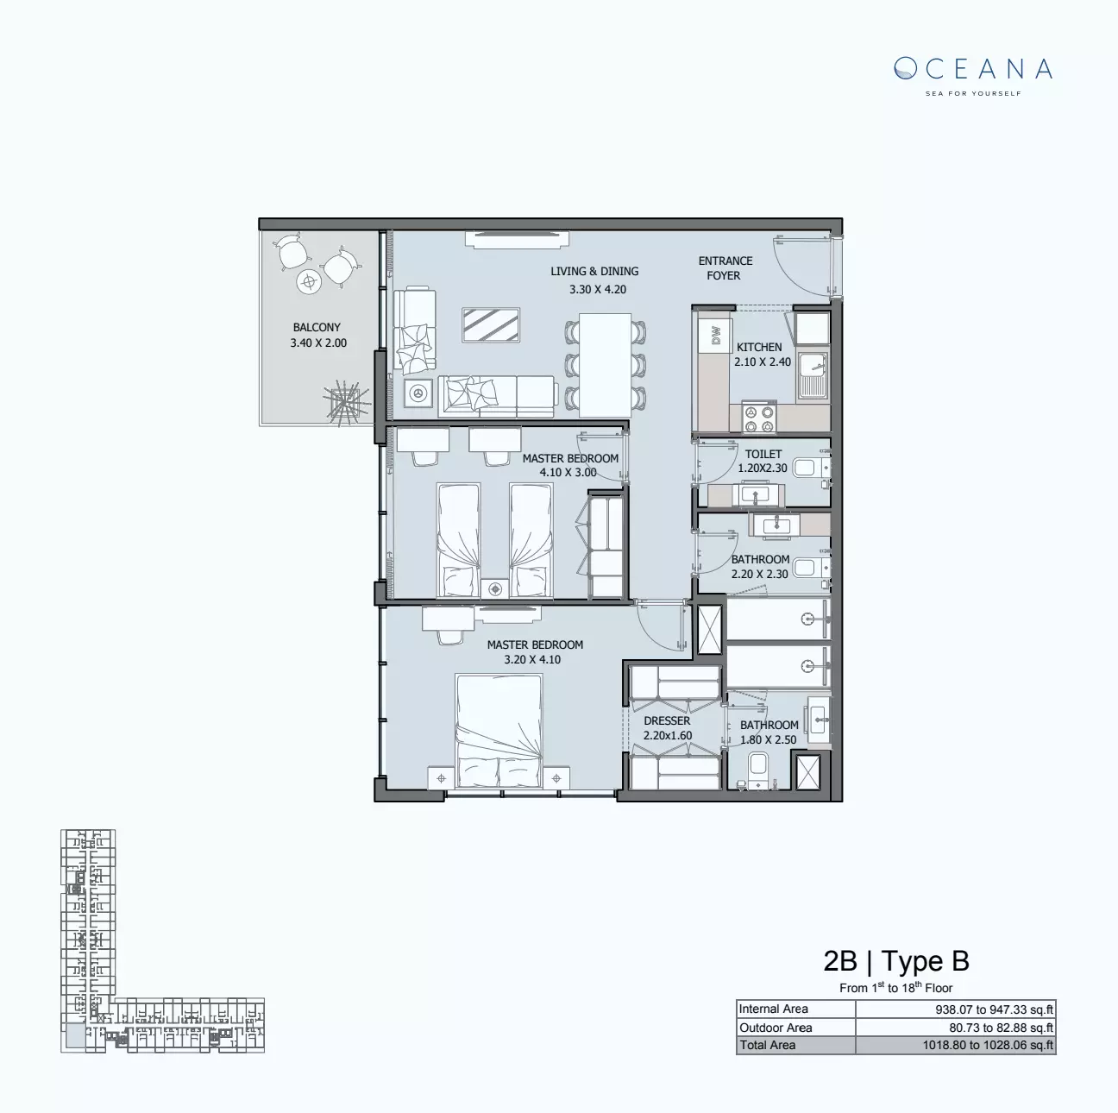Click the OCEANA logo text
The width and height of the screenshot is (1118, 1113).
point(973,69)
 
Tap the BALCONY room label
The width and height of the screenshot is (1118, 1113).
point(317,328)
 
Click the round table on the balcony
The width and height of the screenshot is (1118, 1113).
point(309,281)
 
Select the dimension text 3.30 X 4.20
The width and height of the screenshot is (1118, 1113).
point(597,290)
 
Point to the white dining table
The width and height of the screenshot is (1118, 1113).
point(605,364)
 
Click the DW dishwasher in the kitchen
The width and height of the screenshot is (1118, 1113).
point(715,336)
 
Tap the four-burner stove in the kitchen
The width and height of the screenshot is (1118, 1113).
point(759,418)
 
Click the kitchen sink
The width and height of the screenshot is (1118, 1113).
point(811,376)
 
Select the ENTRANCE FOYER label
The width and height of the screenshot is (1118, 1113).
point(725,268)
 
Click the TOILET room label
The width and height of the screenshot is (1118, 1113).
point(763,454)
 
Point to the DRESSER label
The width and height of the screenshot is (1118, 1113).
point(667,721)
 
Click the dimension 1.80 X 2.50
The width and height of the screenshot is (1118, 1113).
point(768,740)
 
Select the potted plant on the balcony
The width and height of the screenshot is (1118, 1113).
point(346,403)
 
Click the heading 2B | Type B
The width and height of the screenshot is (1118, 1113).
point(896,961)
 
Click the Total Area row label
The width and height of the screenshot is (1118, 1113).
point(767,1046)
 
